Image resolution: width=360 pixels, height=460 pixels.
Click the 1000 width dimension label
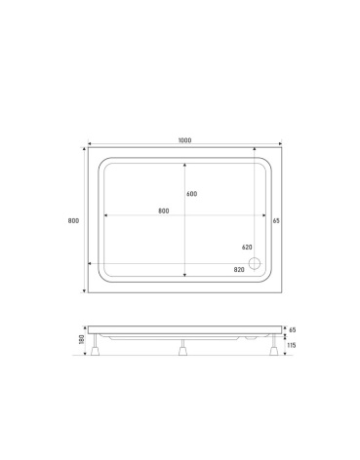pyautogui.click(x=185, y=140)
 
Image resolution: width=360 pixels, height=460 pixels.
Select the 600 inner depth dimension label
pyautogui.click(x=192, y=194)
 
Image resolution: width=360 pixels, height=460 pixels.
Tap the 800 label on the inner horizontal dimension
pyautogui.click(x=164, y=211)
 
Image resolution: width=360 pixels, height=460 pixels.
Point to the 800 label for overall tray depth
pyautogui.click(x=73, y=220)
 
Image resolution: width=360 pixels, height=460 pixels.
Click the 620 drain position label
pyautogui.click(x=247, y=248)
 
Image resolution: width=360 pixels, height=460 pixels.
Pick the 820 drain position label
pyautogui.click(x=239, y=270)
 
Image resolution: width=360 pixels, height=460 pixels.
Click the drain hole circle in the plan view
pyautogui.click(x=255, y=263)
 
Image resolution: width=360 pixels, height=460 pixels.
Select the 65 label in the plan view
pyautogui.click(x=276, y=220)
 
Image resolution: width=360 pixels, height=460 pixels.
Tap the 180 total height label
pyautogui.click(x=81, y=340)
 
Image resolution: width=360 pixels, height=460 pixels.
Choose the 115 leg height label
pyautogui.click(x=292, y=345)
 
